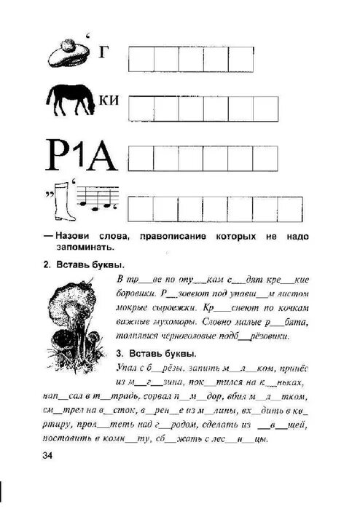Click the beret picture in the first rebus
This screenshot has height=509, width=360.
click(x=67, y=53)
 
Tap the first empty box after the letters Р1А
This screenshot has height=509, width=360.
click(x=142, y=157)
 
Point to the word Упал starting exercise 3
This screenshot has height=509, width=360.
click(x=128, y=368)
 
